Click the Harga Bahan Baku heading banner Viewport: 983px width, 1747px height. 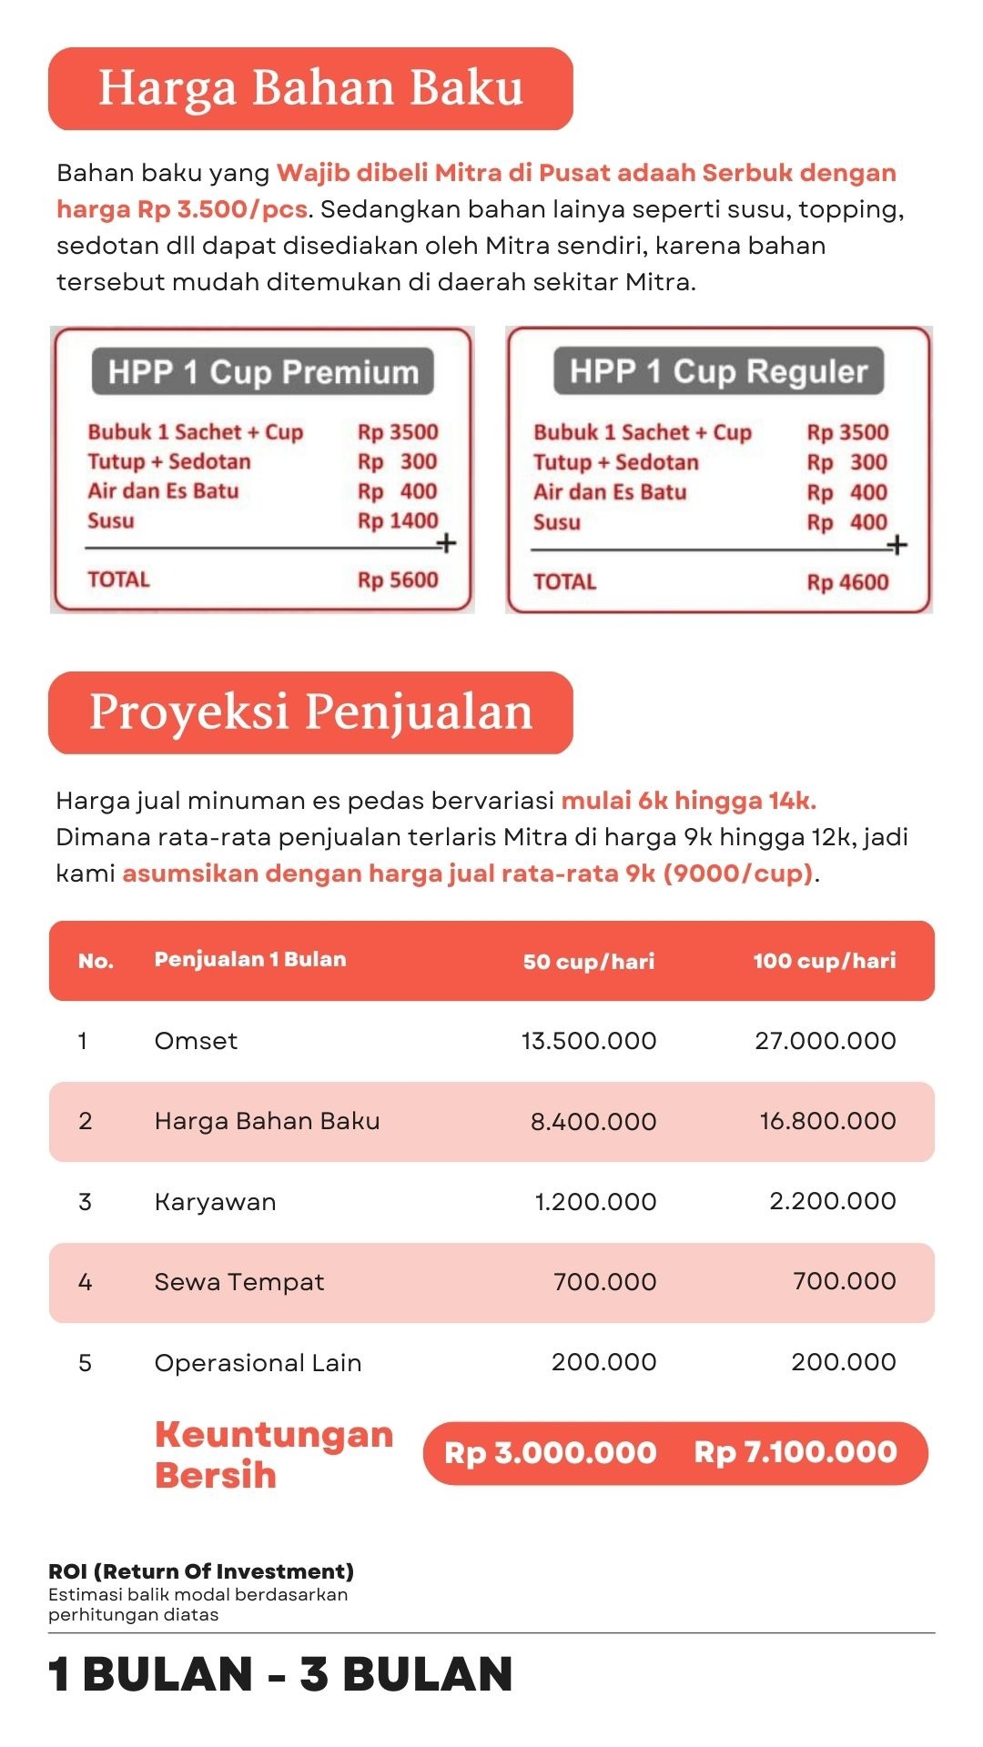[310, 88]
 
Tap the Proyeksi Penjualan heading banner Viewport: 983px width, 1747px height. [310, 712]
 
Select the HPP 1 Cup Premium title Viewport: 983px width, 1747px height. [263, 372]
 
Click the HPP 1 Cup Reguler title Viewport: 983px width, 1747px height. [718, 371]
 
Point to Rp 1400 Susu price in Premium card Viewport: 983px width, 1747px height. [398, 521]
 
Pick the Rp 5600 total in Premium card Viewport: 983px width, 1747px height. [398, 581]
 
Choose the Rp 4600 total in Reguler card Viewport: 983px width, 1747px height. [847, 582]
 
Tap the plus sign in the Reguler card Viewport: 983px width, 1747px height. [897, 545]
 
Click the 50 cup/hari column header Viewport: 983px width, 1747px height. [588, 962]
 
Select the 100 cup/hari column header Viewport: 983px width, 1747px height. [824, 961]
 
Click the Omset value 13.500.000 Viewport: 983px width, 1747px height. [588, 1041]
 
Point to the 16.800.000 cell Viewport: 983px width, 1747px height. [827, 1121]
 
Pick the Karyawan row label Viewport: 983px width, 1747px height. [215, 1202]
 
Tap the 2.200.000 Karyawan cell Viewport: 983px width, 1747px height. [832, 1201]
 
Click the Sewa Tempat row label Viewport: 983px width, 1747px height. [238, 1282]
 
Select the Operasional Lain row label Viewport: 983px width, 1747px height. [258, 1363]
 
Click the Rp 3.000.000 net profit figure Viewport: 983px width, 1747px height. [550, 1453]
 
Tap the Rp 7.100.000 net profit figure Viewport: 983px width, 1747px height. [796, 1452]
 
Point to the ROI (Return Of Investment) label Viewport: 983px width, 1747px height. [201, 1571]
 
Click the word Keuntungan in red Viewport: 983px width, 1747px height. [274, 1435]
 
